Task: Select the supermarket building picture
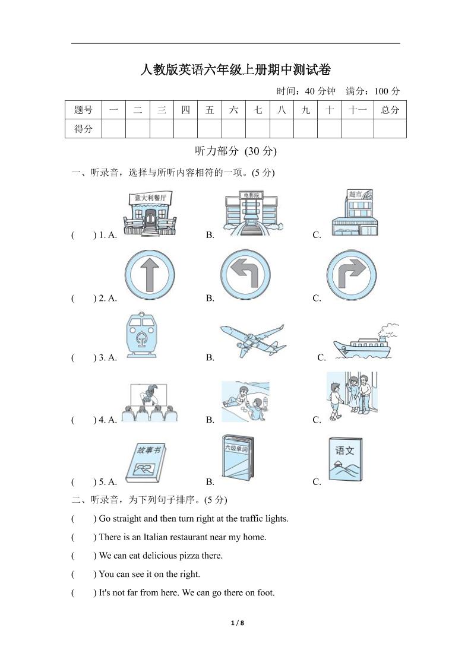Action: coord(355,213)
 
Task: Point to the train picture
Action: coord(141,335)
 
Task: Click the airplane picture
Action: coord(252,341)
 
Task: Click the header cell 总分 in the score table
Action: coord(390,110)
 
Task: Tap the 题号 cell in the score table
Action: coord(83,110)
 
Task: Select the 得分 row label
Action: coord(83,128)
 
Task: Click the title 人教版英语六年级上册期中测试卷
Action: coord(235,70)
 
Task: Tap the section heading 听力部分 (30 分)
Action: coord(236,151)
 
